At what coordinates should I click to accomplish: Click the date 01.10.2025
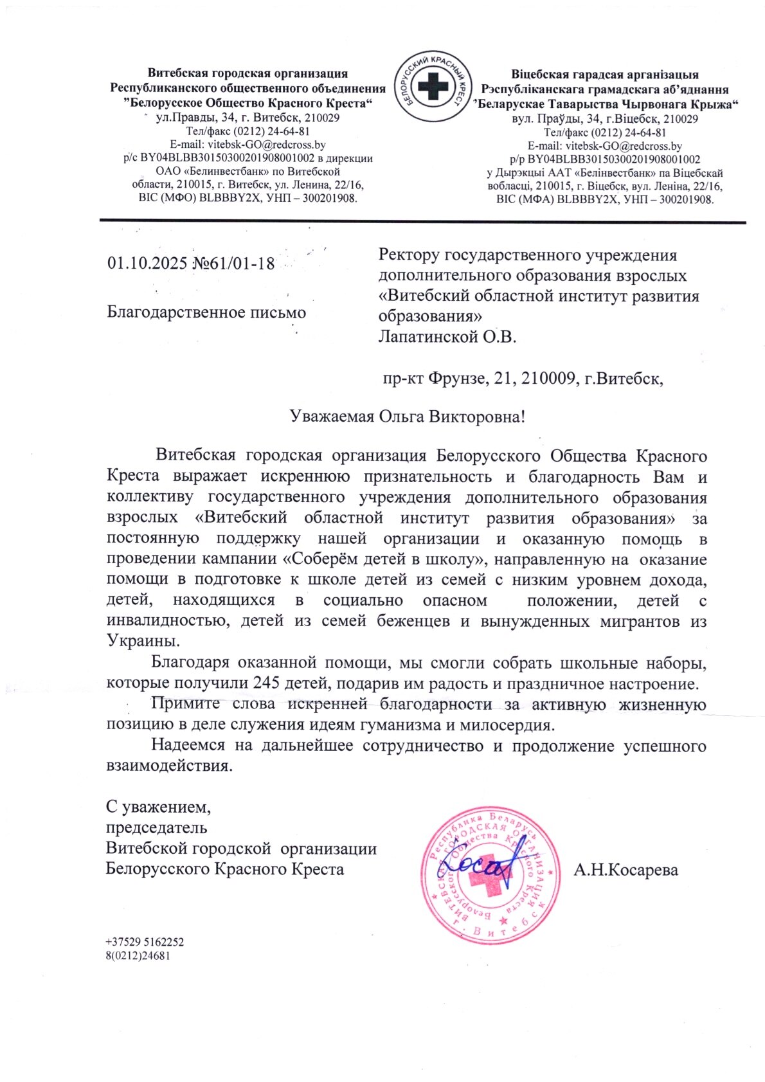(147, 263)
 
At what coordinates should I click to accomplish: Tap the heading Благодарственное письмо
(206, 312)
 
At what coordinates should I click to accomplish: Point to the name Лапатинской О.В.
(447, 336)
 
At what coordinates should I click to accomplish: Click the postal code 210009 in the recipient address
(548, 378)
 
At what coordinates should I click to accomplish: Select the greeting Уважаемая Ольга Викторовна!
(408, 417)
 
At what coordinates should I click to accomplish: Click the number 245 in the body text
(266, 683)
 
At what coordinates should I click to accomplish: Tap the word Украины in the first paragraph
(143, 641)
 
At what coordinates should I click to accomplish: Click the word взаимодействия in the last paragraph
(168, 766)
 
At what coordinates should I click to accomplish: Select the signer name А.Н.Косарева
(625, 870)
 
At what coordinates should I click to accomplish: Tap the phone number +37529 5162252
(145, 942)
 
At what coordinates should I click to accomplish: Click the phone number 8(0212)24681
(138, 955)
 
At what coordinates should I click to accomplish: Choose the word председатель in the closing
(156, 827)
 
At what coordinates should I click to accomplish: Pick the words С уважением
(158, 806)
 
